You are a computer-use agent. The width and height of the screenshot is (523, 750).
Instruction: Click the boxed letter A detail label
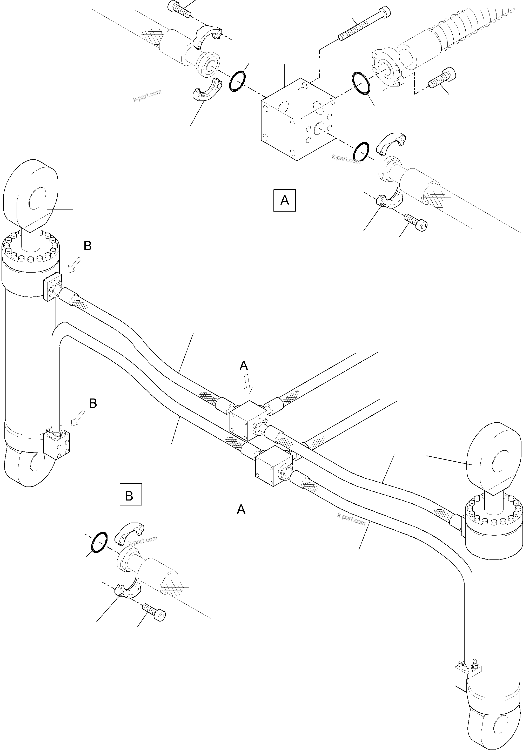tap(284, 200)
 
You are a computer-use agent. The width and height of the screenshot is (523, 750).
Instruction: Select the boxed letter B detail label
tap(131, 494)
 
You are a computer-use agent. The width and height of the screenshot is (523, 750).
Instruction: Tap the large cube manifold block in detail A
tap(298, 120)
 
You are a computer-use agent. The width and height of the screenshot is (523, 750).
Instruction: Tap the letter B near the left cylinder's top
tap(87, 246)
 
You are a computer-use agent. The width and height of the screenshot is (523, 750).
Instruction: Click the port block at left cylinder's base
tap(57, 445)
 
